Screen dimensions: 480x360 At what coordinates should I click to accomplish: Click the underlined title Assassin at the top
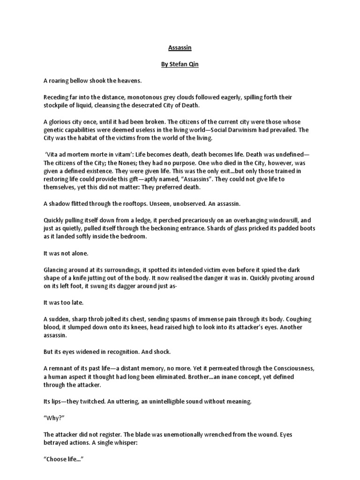point(180,48)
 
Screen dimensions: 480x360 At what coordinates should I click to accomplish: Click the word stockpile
point(57,105)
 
